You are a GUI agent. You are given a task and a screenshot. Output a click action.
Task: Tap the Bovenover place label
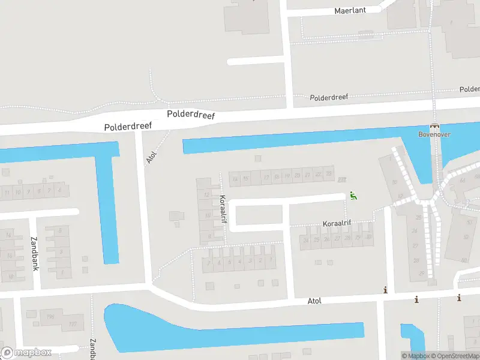coord(434,134)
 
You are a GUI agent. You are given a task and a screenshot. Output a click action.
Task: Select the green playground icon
coord(353,195)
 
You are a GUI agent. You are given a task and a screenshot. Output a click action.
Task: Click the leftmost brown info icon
coord(385,290)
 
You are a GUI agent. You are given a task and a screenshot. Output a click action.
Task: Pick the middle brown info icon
coord(416,299)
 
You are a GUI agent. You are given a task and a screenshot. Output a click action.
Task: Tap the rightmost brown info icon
coord(459,298)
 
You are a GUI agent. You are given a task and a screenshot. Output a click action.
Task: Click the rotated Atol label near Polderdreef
coord(151,157)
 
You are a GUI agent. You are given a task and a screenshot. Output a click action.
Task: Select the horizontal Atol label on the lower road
coord(315,301)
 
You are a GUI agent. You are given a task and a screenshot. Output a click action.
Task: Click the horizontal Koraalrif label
coord(337,223)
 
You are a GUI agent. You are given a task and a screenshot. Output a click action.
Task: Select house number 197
coord(74,325)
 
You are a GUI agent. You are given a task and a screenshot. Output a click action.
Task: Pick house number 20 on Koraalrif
coord(297,175)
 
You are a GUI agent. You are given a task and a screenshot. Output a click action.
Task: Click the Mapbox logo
coord(26,352)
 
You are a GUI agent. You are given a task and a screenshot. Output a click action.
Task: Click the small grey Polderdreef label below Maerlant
coord(329,97)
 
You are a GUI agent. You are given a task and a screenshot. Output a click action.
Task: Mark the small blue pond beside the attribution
coord(412,337)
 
